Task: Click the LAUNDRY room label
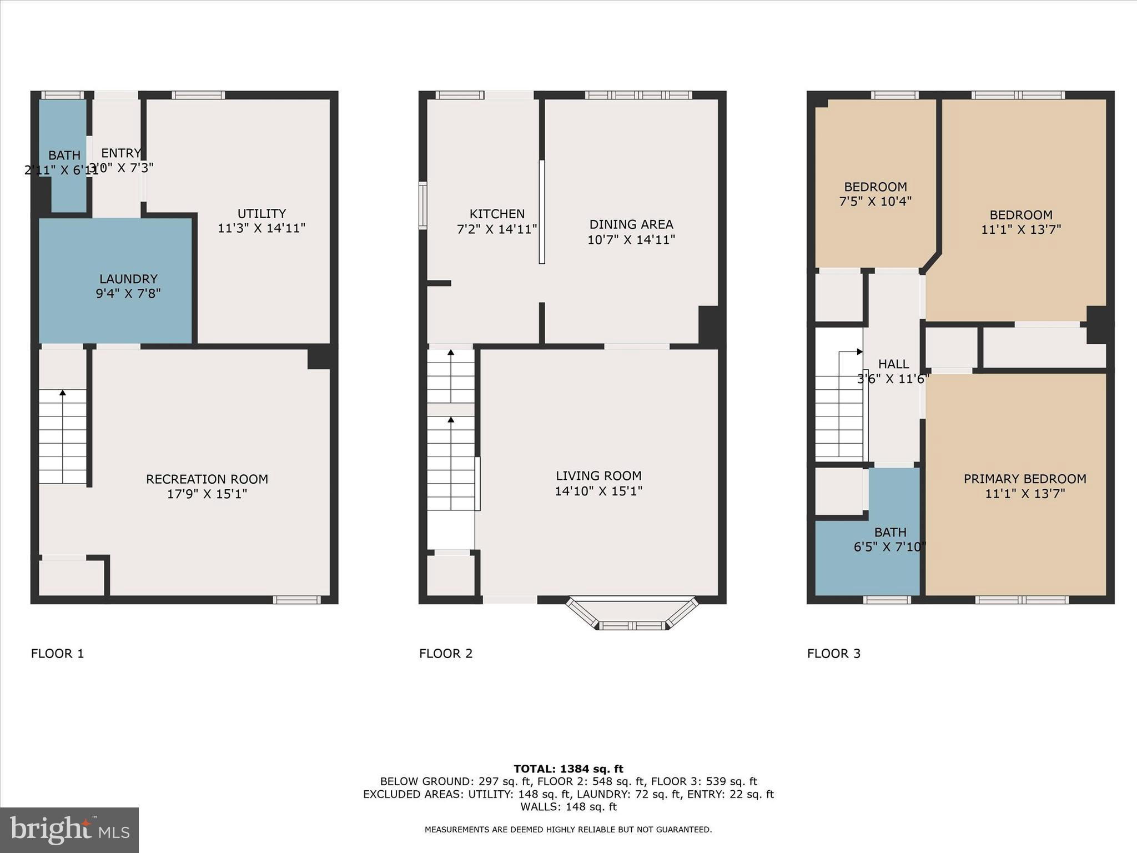tap(128, 279)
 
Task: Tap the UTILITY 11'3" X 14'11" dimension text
tap(261, 228)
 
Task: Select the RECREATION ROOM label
tap(207, 479)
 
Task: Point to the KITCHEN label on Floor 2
tap(497, 214)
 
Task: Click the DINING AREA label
tap(631, 224)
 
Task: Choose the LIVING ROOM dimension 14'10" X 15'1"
tap(598, 491)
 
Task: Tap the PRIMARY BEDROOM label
tap(1025, 479)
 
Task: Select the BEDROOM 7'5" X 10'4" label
tap(876, 194)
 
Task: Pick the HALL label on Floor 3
tap(893, 364)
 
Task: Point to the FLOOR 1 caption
tap(57, 654)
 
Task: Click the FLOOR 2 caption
tap(446, 654)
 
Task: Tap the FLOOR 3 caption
tap(833, 654)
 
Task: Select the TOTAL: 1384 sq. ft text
tap(568, 769)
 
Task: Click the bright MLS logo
tap(69, 830)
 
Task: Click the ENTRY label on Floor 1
tap(121, 153)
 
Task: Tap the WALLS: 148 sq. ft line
tap(568, 807)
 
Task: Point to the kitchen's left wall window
tap(423, 205)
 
